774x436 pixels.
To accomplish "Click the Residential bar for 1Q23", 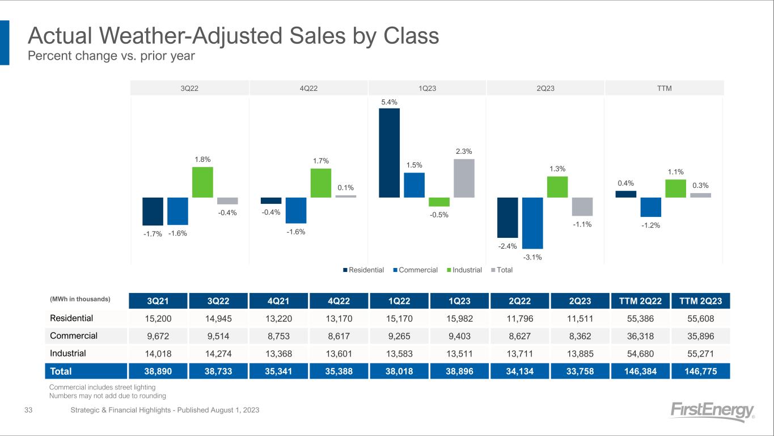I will click(389, 153).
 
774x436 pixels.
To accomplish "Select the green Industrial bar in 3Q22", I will click(202, 182).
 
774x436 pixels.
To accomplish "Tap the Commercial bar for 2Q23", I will click(532, 223).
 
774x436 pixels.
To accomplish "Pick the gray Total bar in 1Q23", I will click(464, 178).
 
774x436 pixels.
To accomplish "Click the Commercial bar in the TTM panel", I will click(650, 207).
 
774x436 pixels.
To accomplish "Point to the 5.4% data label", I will click(389, 102).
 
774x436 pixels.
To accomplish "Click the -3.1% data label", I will click(533, 257).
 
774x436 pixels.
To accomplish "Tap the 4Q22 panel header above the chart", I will click(308, 88).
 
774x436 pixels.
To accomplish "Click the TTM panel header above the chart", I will click(664, 88).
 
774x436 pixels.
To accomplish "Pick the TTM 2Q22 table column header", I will click(638, 300).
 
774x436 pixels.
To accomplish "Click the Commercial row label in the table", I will click(74, 336).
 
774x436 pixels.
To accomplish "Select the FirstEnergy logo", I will click(712, 411).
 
